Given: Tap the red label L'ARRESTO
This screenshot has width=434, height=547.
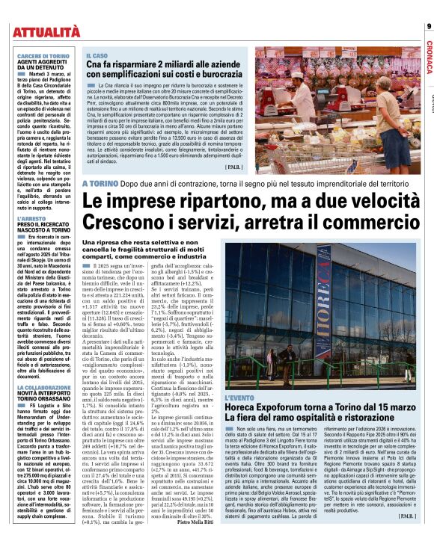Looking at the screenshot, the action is pyautogui.click(x=30, y=200).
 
